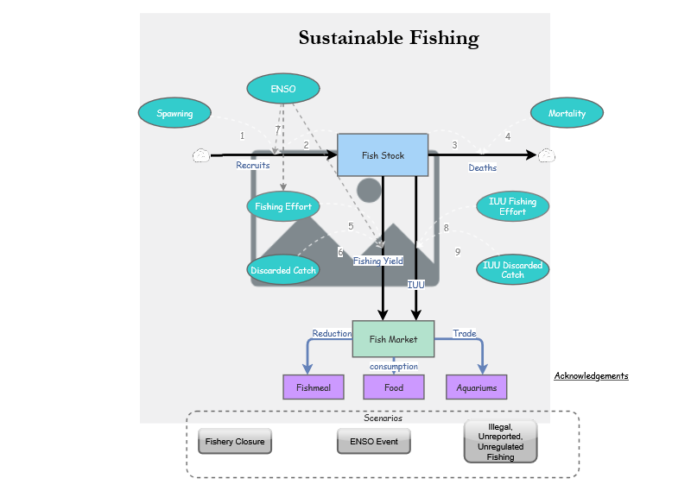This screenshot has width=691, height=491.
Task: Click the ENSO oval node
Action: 282,89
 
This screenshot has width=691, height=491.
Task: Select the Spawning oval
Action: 175,113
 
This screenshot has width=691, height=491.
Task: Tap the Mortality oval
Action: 567,113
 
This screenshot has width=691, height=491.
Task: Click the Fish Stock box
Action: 383,155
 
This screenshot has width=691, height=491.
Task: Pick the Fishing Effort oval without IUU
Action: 283,207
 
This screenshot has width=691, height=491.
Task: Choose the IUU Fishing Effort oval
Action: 512,206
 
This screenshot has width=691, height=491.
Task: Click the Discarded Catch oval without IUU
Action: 283,270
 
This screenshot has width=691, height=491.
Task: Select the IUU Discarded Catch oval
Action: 512,269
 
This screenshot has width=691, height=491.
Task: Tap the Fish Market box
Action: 393,339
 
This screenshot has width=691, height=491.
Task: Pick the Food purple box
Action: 394,387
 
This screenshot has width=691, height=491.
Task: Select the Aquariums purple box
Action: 476,387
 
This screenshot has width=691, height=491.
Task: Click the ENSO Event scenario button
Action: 373,442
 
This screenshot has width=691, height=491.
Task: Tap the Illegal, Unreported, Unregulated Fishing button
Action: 500,442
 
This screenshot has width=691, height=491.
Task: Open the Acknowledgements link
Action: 591,376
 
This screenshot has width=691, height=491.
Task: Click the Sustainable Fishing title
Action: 389,38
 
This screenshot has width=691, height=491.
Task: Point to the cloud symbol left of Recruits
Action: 200,155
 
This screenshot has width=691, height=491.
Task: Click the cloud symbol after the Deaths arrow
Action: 546,155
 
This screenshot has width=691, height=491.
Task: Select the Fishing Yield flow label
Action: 377,261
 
